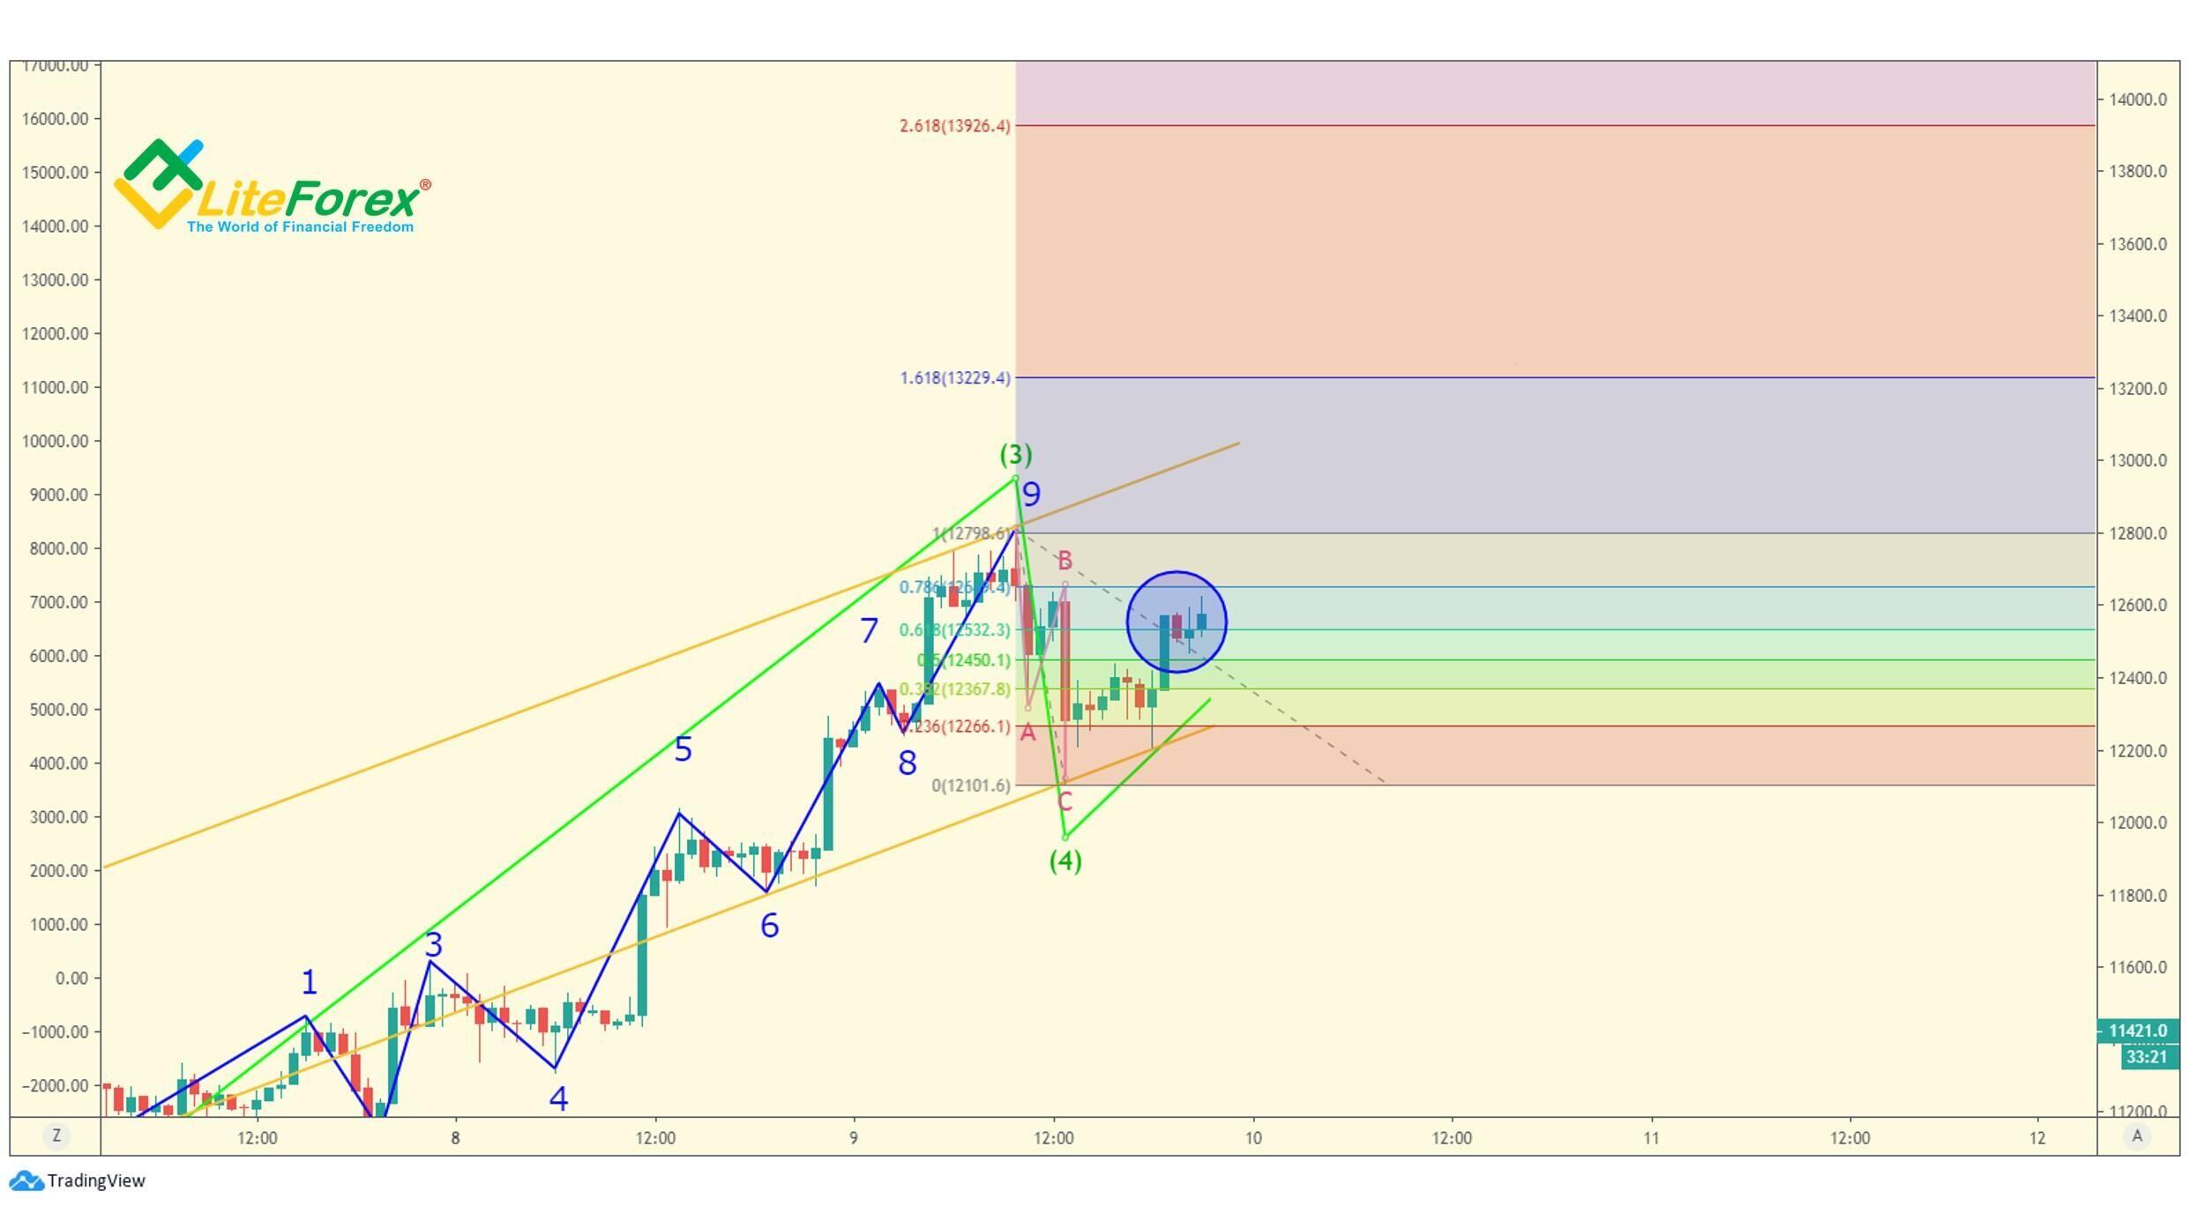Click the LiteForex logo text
pyautogui.click(x=309, y=199)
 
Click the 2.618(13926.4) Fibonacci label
pyautogui.click(x=955, y=126)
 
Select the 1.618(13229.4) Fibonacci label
pyautogui.click(x=955, y=378)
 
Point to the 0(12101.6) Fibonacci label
pyautogui.click(x=971, y=785)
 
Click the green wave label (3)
pyautogui.click(x=1015, y=455)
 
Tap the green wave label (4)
pyautogui.click(x=1065, y=860)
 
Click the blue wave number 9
pyautogui.click(x=1031, y=495)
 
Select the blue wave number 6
pyautogui.click(x=769, y=926)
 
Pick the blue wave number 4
pyautogui.click(x=558, y=1098)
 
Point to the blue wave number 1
pyautogui.click(x=309, y=982)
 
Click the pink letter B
pyautogui.click(x=1065, y=561)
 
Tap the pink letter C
pyautogui.click(x=1065, y=802)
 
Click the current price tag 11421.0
pyautogui.click(x=2137, y=1031)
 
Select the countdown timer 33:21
pyautogui.click(x=2146, y=1057)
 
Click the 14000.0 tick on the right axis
pyautogui.click(x=2137, y=100)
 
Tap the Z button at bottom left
pyautogui.click(x=56, y=1135)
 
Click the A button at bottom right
pyautogui.click(x=2136, y=1135)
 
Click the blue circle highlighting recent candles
pyautogui.click(x=1177, y=622)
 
